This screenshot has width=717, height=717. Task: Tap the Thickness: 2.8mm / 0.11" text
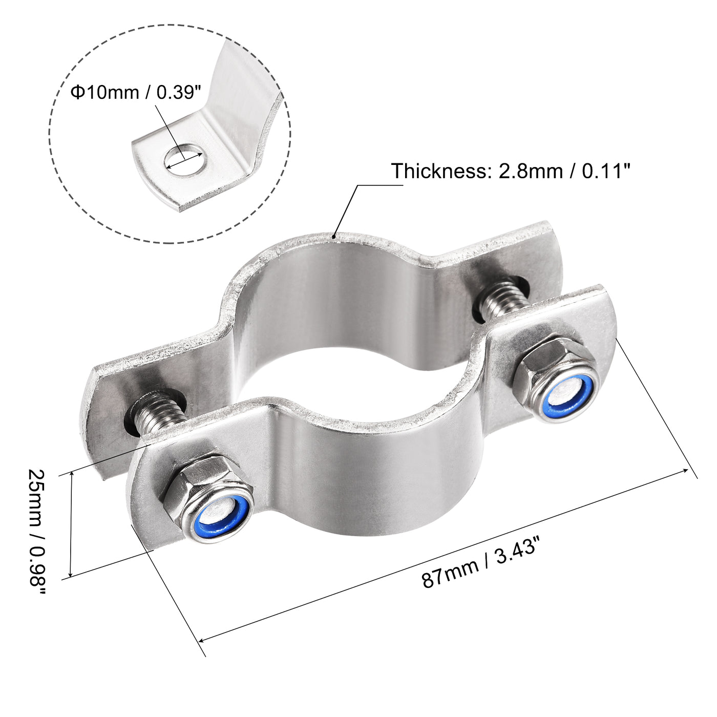(510, 171)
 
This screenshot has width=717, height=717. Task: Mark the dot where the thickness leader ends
(334, 237)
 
